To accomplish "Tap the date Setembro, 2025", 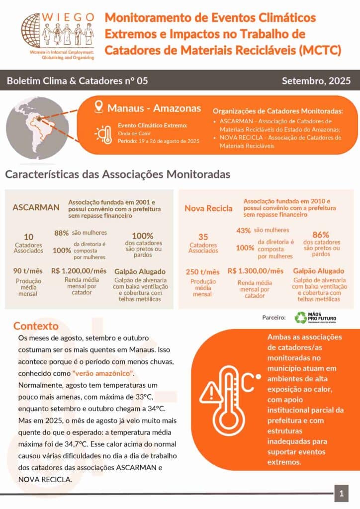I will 316,81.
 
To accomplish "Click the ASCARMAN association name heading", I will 36,207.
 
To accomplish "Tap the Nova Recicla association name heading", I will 208,208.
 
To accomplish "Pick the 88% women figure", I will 61,233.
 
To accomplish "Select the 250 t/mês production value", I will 202,272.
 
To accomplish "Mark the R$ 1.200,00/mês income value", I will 79,271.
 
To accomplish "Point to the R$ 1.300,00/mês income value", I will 256,271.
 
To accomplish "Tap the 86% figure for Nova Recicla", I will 322,235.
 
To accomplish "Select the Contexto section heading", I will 36,326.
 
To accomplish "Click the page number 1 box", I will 341,494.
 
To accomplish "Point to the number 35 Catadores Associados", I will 203,237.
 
